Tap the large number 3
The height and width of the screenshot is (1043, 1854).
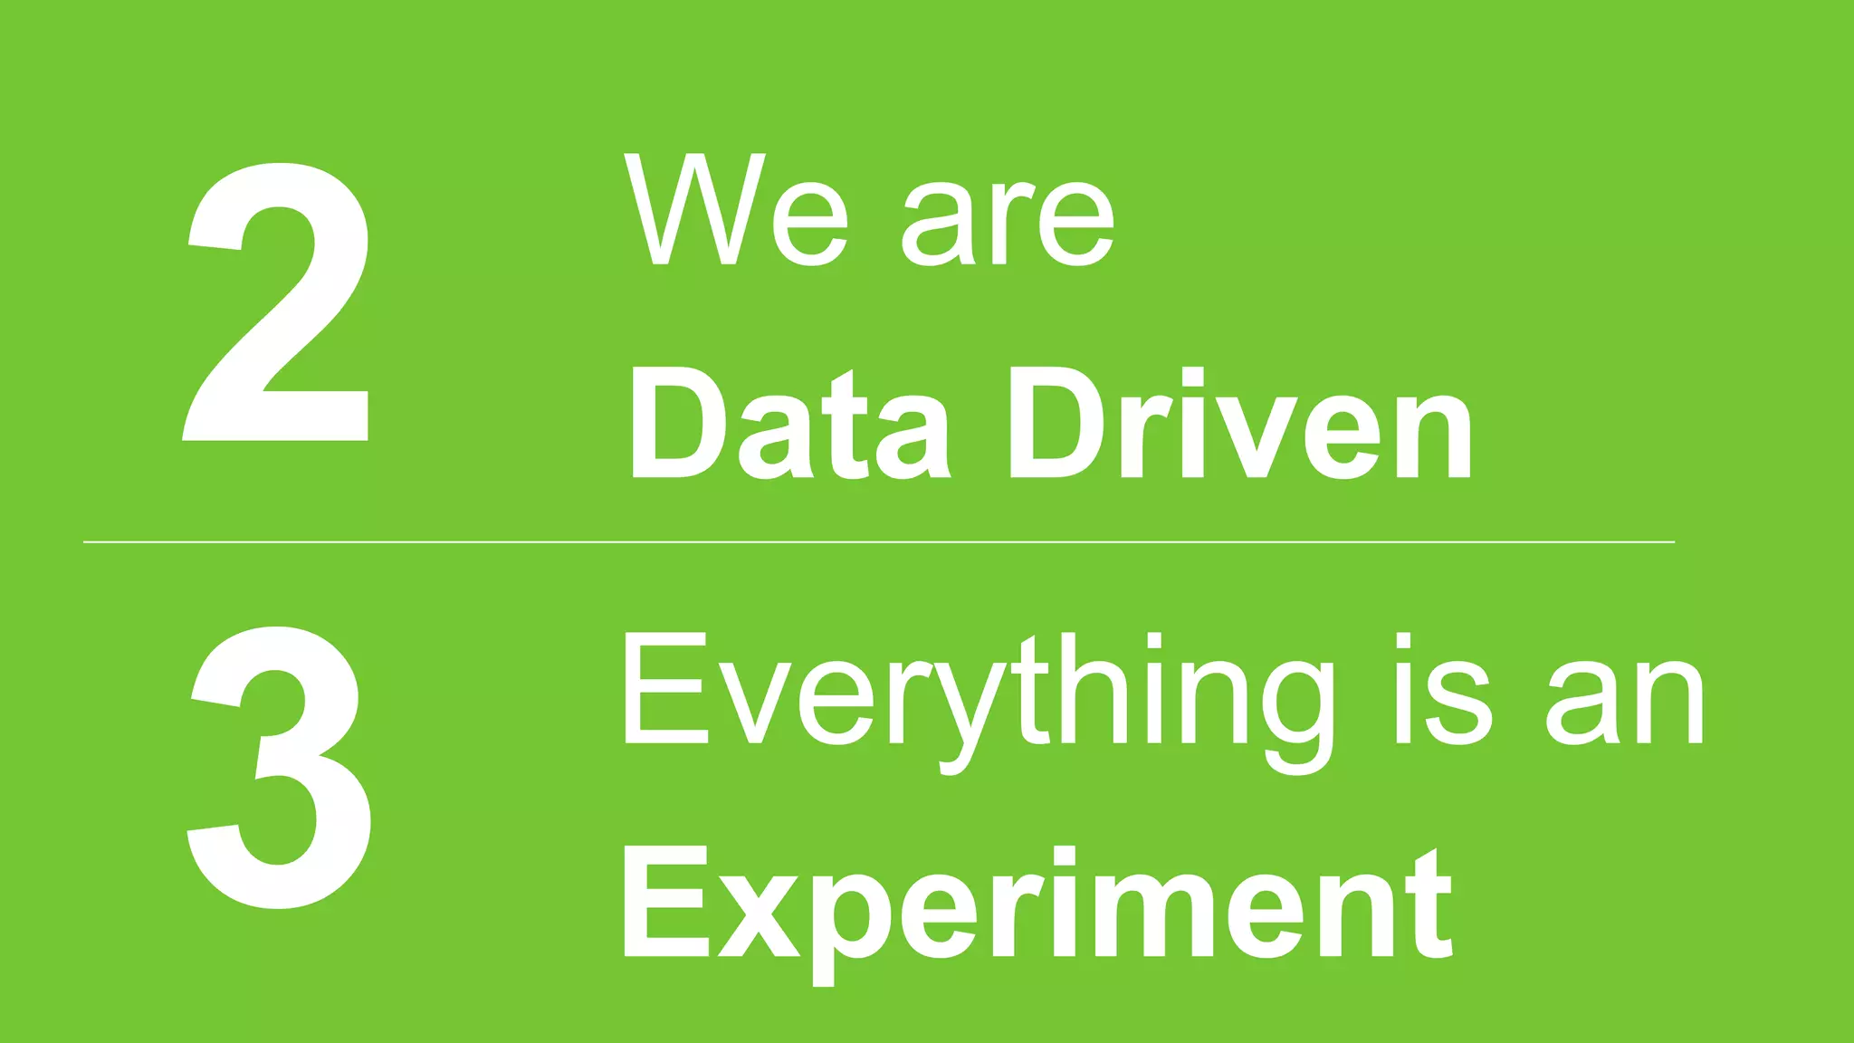point(279,768)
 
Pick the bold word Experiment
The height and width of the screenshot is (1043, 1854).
point(1037,905)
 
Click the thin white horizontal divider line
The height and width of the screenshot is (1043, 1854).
point(878,542)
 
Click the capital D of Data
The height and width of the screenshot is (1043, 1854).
point(674,424)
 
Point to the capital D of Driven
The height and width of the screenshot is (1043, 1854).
point(1054,424)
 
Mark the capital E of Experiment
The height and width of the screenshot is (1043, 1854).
point(664,902)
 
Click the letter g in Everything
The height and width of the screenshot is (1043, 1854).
point(1298,715)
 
